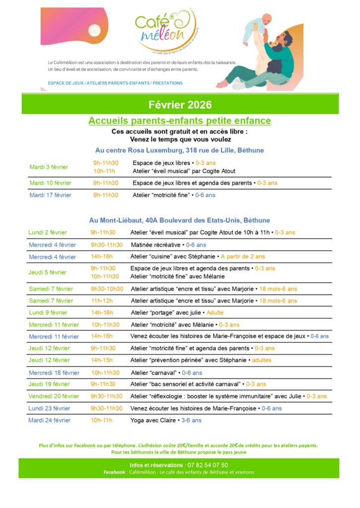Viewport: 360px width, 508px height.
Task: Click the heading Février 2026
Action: tap(180, 105)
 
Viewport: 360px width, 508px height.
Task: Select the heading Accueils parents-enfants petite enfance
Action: tap(180, 121)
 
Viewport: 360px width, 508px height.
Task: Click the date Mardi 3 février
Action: tap(49, 167)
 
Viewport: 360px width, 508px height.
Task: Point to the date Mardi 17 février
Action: tap(50, 195)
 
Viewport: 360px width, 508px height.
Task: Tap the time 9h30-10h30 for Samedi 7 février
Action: tap(107, 289)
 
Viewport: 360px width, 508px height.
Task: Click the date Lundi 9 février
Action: tap(48, 313)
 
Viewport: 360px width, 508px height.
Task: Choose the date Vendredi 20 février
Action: tap(54, 396)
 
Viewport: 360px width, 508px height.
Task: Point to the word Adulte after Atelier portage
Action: tap(215, 313)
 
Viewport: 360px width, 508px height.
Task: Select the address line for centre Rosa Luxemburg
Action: tap(179, 150)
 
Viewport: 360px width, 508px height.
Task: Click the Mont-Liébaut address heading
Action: tap(179, 220)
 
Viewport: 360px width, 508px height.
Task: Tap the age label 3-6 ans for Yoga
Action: tap(191, 420)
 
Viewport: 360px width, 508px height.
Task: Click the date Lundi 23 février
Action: tap(49, 408)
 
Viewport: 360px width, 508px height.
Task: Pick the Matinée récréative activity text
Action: tap(155, 245)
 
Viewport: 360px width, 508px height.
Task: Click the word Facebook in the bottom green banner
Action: tap(114, 472)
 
